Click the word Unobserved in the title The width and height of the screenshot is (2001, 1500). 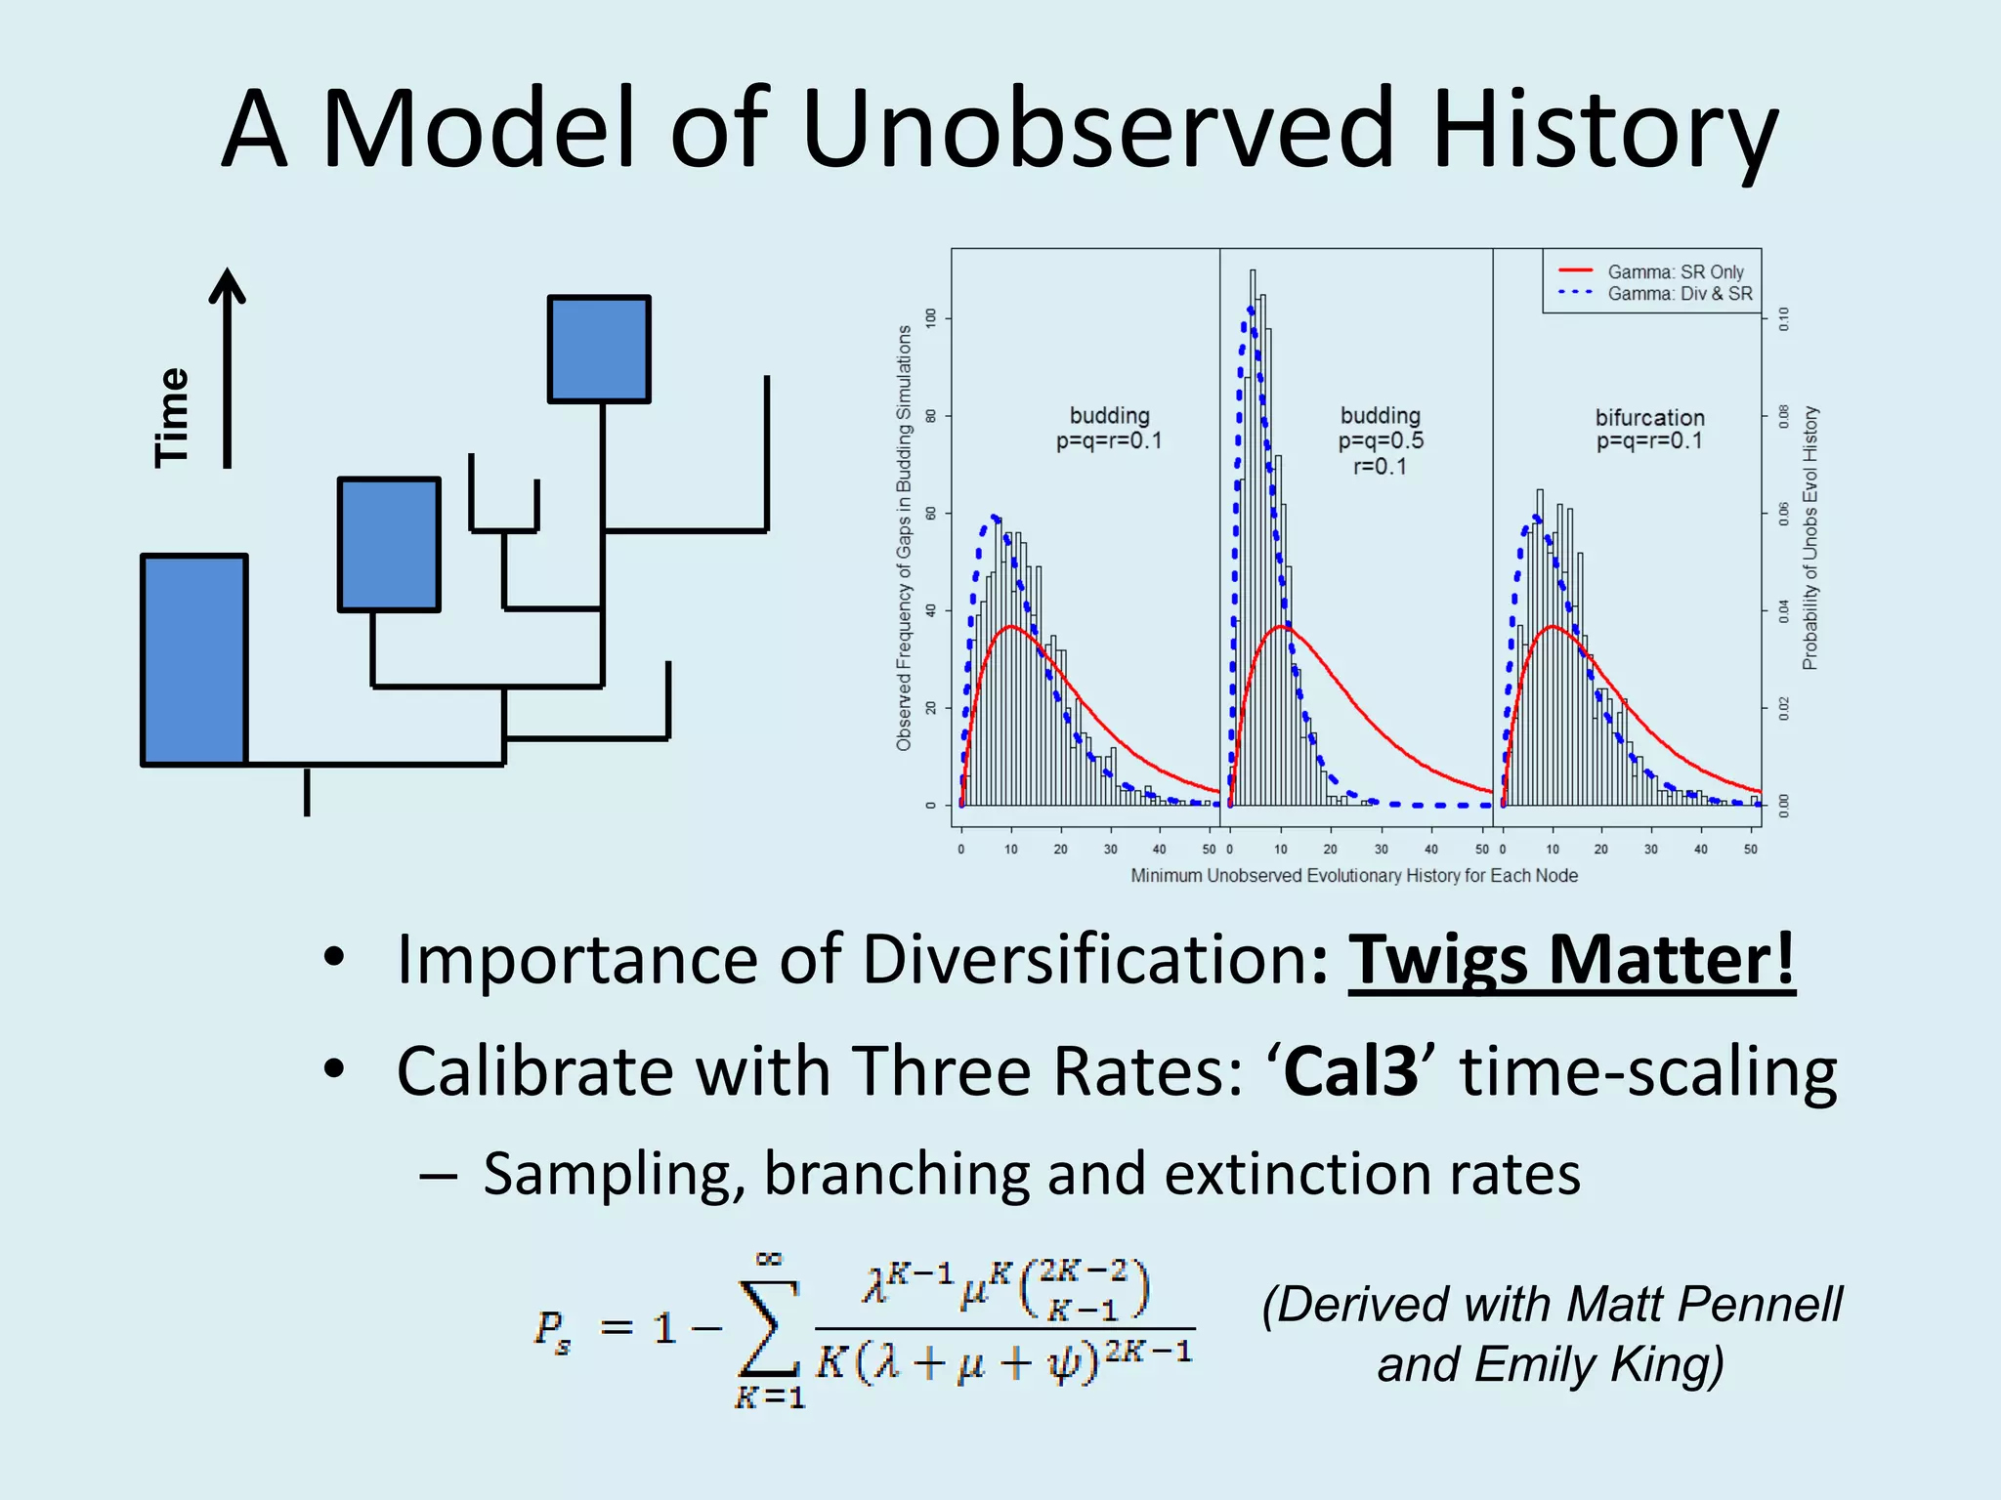(x=1098, y=129)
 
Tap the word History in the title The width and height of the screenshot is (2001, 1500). (x=1602, y=129)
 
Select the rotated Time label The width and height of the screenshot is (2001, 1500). (x=172, y=417)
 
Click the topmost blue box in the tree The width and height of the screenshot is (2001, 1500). (x=599, y=349)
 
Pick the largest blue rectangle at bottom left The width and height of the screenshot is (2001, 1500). (x=193, y=659)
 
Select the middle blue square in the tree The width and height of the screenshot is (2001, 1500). (x=389, y=544)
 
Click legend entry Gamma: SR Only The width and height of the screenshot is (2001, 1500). (x=1675, y=271)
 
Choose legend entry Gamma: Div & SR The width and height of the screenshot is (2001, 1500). (x=1680, y=293)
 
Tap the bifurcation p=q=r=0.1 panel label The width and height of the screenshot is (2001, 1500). (x=1649, y=429)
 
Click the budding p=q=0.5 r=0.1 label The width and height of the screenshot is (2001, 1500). (x=1380, y=440)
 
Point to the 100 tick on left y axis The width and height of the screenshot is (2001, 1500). (x=931, y=317)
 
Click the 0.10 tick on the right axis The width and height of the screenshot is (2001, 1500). (x=1784, y=317)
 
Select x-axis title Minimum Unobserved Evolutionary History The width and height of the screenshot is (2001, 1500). (x=1353, y=875)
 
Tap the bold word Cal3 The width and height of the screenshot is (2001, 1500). (x=1350, y=1071)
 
